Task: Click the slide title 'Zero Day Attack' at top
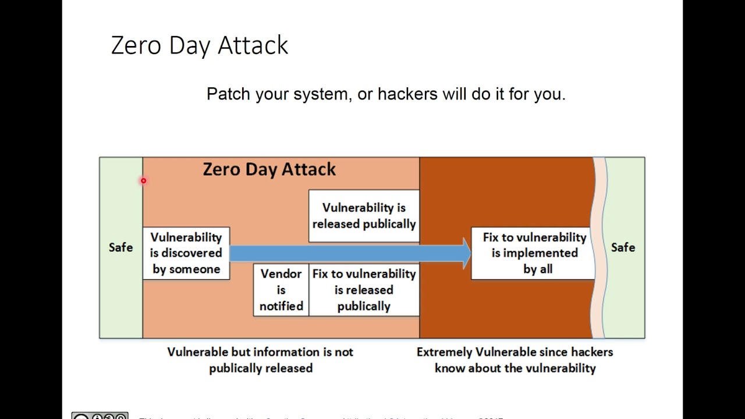(x=199, y=45)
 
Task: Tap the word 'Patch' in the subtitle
(x=228, y=94)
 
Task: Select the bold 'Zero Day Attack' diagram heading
(x=269, y=169)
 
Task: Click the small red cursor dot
(x=143, y=181)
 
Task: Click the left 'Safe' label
(x=120, y=247)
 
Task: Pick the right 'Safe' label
(x=623, y=247)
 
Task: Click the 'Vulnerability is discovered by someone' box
(x=186, y=253)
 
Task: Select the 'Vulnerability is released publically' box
(x=364, y=216)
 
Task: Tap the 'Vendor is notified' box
(x=281, y=290)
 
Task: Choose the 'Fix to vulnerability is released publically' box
(x=364, y=290)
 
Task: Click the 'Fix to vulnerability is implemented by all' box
(x=534, y=253)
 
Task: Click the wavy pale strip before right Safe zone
(x=599, y=247)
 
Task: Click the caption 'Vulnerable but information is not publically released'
(x=260, y=360)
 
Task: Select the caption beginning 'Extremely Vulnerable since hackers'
(x=515, y=360)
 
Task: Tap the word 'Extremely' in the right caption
(x=444, y=352)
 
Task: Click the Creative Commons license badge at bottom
(x=100, y=416)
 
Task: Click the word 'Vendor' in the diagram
(x=281, y=274)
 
